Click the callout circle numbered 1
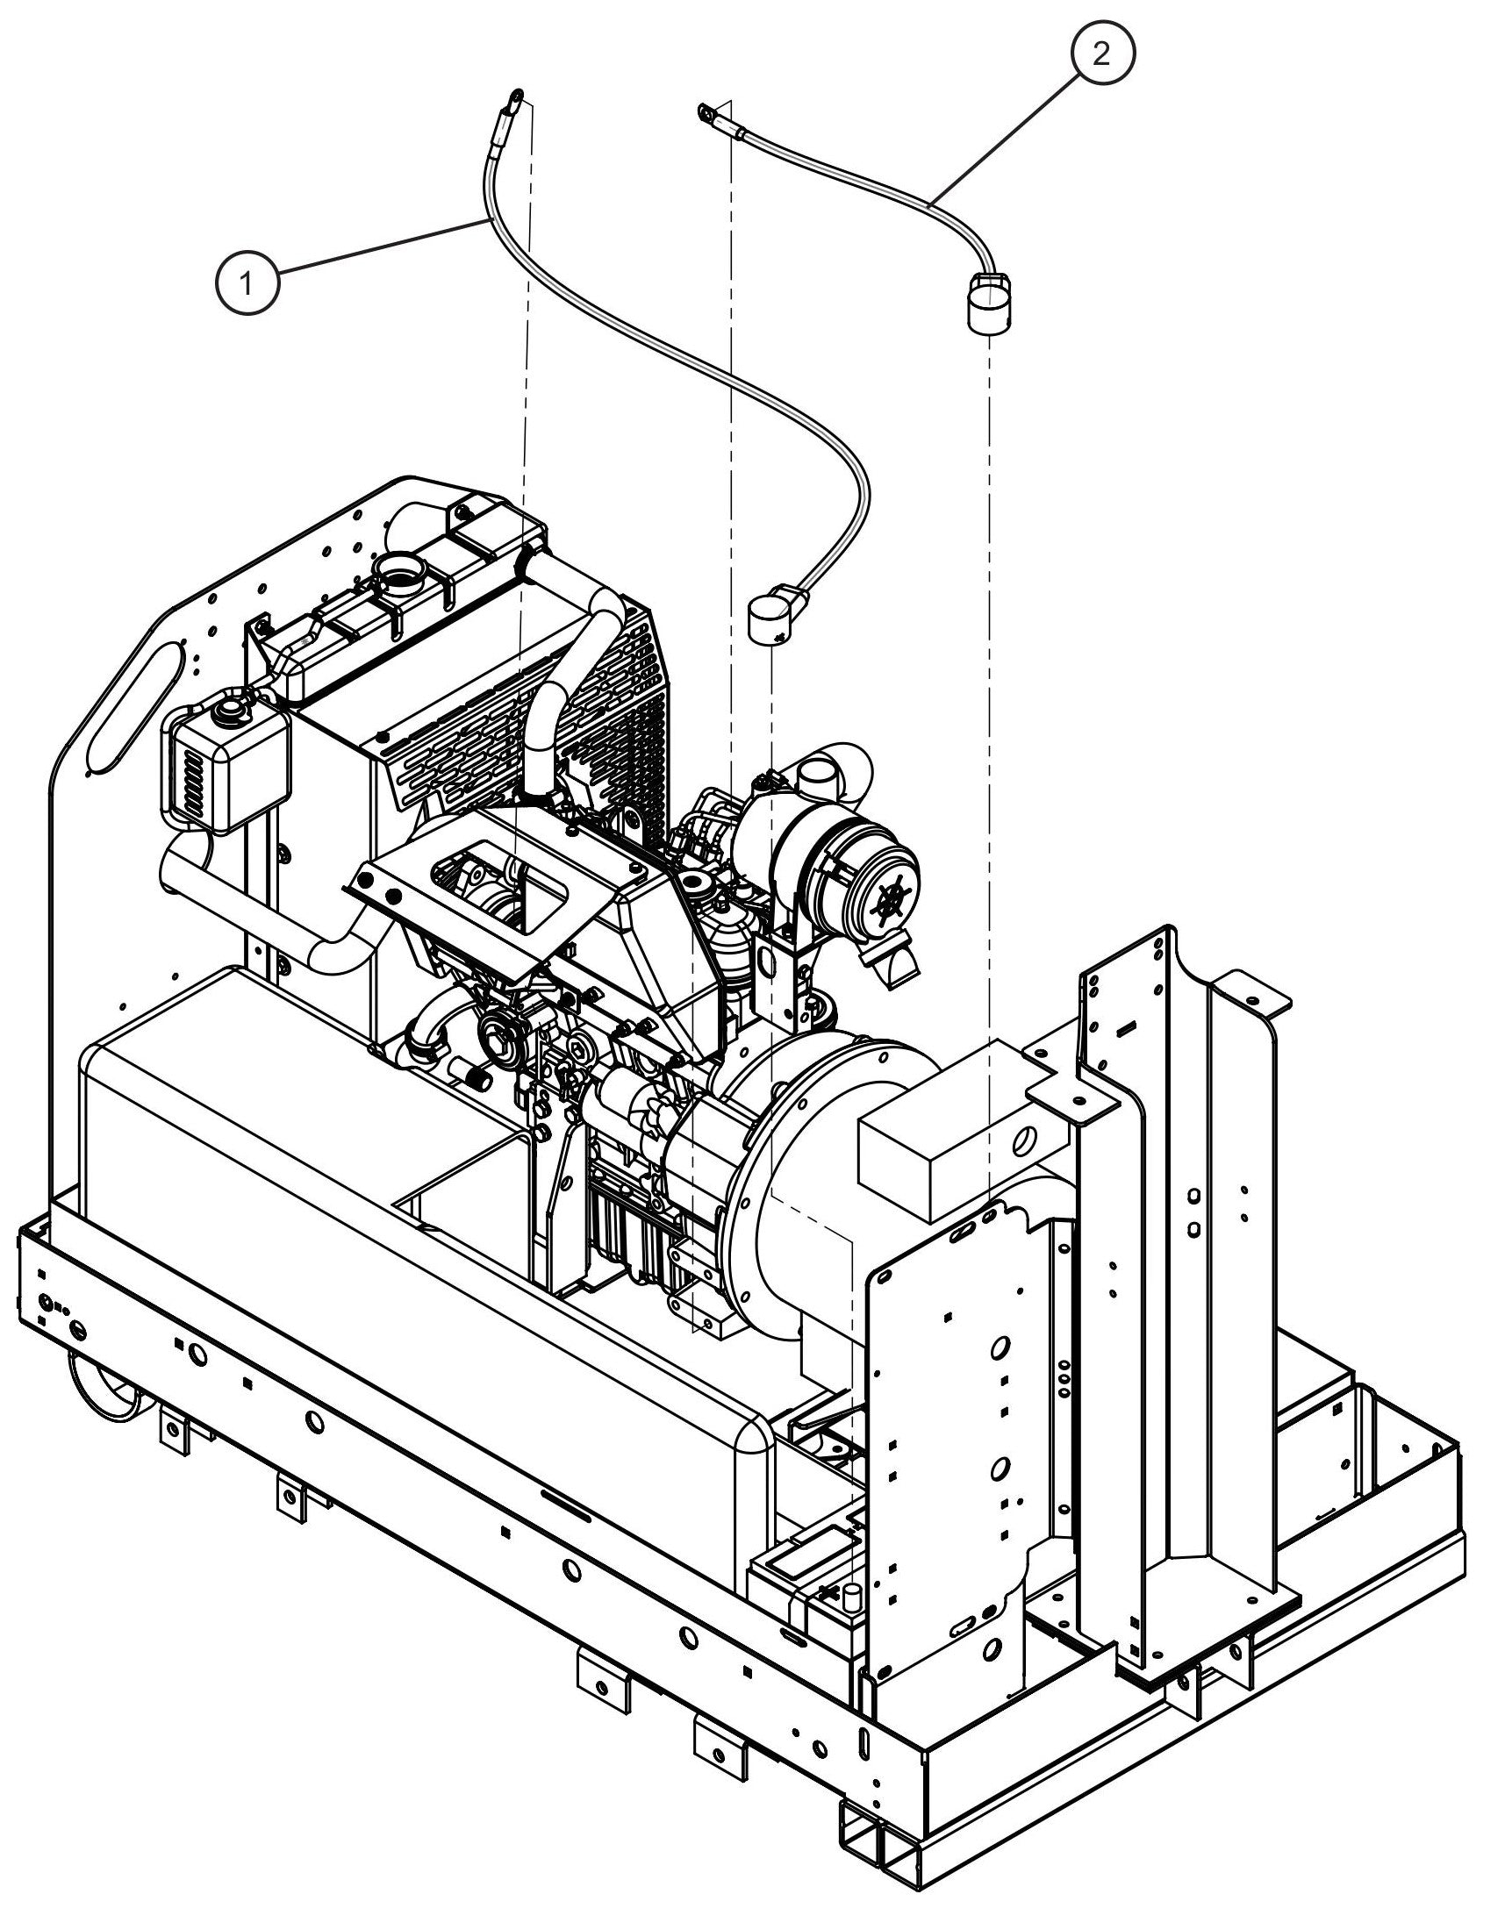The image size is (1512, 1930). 247,282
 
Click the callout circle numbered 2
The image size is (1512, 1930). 1100,55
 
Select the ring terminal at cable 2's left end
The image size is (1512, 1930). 706,112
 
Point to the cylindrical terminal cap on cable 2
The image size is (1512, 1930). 985,304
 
